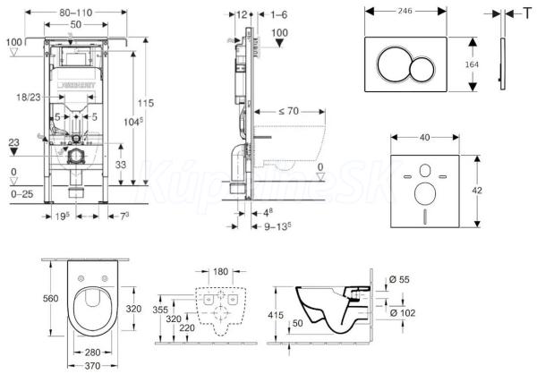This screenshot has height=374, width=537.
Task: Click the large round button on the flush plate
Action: coord(394,64)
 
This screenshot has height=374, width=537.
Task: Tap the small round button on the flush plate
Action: coord(422,64)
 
